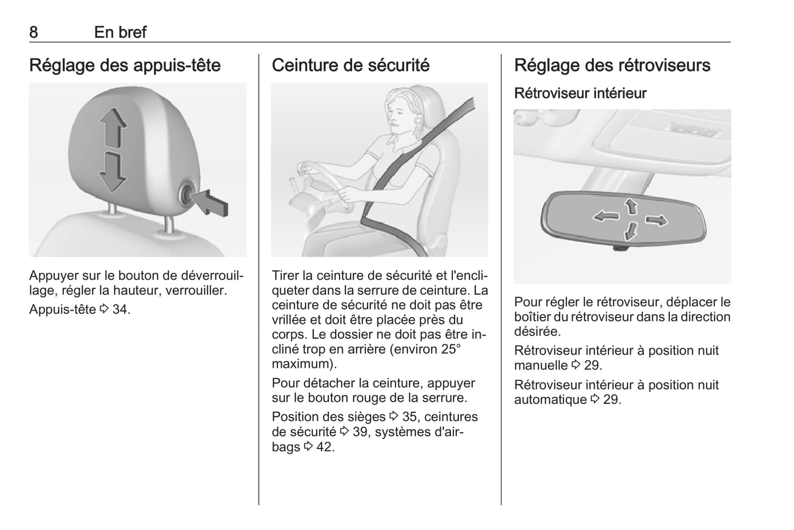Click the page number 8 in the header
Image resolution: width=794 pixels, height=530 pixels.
click(x=34, y=32)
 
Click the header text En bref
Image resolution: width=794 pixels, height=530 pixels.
click(x=120, y=32)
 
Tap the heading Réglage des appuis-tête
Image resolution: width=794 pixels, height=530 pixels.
click(x=125, y=65)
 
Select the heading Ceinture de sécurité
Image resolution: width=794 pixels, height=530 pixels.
click(x=351, y=65)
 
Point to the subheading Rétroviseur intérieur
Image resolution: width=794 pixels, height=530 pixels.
click(x=580, y=93)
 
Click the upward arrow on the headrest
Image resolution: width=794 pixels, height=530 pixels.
click(x=113, y=127)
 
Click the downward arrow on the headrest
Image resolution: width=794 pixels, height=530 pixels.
click(x=113, y=172)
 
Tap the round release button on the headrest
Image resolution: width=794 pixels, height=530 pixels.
click(x=187, y=193)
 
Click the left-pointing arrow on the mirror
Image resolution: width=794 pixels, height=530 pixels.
click(x=606, y=215)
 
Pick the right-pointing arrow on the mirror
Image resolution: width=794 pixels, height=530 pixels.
click(x=656, y=221)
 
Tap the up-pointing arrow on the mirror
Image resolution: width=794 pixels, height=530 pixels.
click(x=631, y=206)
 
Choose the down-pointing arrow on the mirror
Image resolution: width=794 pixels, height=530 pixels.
click(x=631, y=232)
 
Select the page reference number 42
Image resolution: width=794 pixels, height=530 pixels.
click(x=324, y=447)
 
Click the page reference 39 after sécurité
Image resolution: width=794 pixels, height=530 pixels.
click(x=360, y=432)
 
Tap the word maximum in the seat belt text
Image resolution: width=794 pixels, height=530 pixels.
click(x=302, y=364)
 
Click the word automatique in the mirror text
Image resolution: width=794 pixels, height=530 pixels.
click(x=551, y=400)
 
